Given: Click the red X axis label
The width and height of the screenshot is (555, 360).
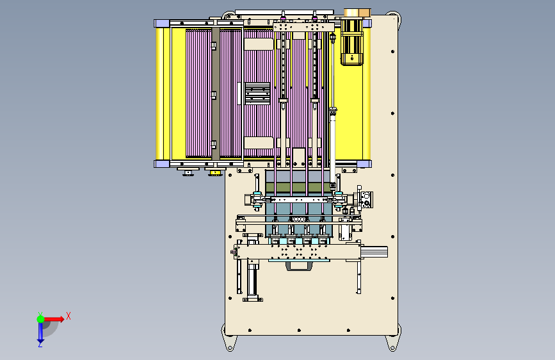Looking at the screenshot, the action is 68,316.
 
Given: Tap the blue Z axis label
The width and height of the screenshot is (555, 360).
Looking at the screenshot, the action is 40,344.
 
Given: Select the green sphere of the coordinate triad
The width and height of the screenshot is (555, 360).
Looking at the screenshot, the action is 40,319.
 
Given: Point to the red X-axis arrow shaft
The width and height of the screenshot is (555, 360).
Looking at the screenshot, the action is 52,319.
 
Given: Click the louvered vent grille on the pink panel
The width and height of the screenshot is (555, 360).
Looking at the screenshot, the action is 257,93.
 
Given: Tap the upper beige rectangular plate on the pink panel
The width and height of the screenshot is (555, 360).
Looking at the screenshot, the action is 259,44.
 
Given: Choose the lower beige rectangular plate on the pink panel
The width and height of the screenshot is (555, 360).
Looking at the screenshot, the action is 259,143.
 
